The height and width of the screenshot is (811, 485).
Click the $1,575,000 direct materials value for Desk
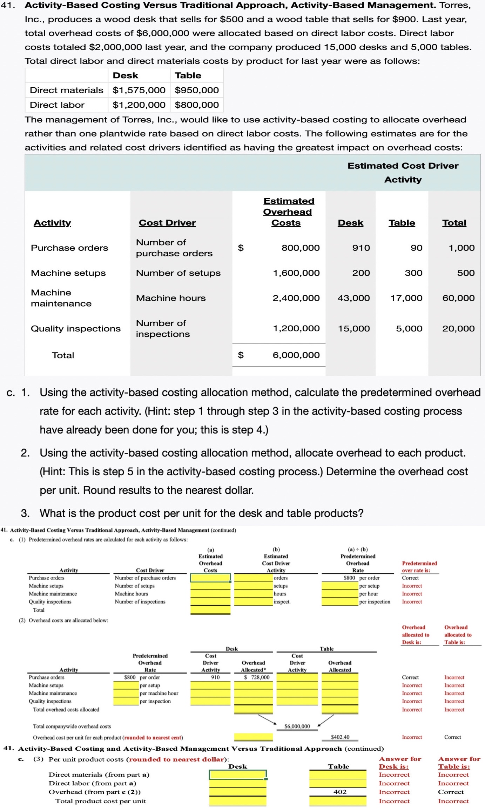click(139, 90)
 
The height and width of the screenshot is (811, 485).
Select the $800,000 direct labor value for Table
click(197, 105)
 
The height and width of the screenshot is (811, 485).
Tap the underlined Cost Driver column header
click(167, 223)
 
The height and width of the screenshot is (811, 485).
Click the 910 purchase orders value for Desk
click(361, 248)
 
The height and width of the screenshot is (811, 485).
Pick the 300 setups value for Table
click(413, 273)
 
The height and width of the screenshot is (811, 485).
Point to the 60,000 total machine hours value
click(458, 298)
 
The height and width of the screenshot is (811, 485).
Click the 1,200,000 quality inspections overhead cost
click(296, 329)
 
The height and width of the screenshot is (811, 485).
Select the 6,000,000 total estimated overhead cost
click(296, 355)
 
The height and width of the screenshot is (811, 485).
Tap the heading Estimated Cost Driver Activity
click(403, 173)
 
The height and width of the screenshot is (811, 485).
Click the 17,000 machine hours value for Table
click(406, 298)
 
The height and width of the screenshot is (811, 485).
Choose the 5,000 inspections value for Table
click(409, 329)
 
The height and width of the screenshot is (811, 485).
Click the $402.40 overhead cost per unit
click(340, 737)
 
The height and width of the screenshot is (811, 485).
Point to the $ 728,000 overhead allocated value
click(257, 677)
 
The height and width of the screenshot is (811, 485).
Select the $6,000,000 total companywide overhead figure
click(297, 726)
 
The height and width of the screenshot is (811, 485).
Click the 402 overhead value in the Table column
click(340, 792)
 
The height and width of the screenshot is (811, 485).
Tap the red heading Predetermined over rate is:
click(419, 567)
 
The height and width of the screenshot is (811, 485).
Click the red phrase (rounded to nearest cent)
click(154, 737)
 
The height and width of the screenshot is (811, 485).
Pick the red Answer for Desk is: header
click(400, 763)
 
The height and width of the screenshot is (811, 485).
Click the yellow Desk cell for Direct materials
click(238, 775)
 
